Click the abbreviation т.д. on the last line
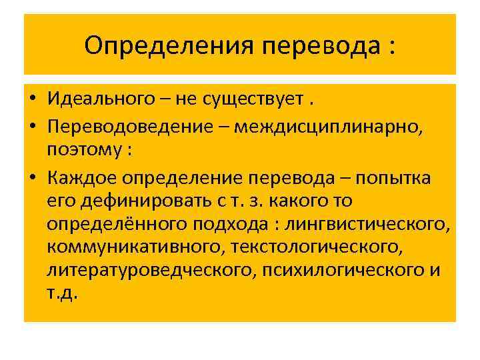coord(63,293)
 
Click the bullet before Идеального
coord(31,100)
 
